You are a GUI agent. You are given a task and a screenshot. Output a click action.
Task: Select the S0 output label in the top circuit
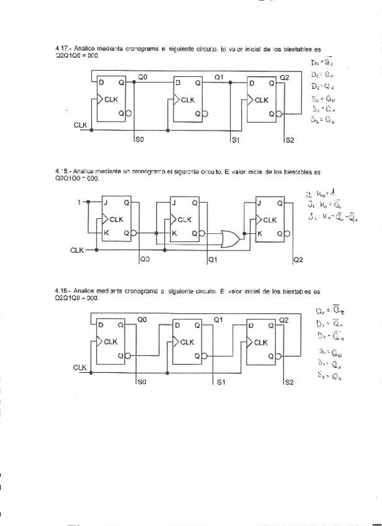(x=140, y=141)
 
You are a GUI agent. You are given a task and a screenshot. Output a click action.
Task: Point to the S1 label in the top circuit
(x=236, y=141)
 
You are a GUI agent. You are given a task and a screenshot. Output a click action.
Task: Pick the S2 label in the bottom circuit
(x=290, y=383)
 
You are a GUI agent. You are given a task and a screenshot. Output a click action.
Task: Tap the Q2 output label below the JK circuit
(x=298, y=259)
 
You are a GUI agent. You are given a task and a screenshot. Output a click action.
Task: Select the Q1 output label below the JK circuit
(x=213, y=259)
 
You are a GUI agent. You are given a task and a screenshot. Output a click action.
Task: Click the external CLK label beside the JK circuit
(x=77, y=250)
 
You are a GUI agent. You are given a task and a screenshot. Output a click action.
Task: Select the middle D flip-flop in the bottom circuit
(x=189, y=341)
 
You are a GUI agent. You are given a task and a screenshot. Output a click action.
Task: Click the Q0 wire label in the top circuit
(x=143, y=77)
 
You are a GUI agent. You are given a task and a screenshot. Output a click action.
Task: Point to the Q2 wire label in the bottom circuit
(x=284, y=319)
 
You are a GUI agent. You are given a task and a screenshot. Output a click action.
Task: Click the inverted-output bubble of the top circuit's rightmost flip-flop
(x=280, y=114)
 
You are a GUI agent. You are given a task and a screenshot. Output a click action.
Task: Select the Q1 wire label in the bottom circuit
(x=218, y=319)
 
